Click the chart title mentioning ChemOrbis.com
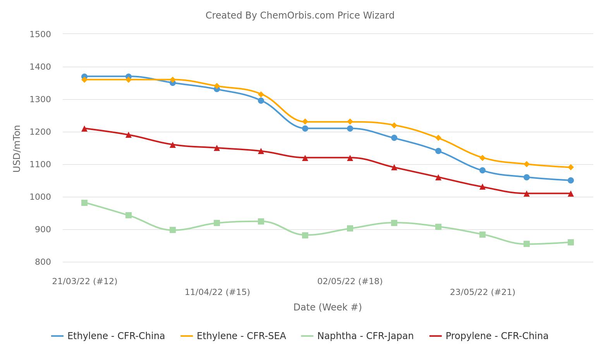point(300,15)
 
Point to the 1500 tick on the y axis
point(40,34)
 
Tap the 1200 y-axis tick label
point(40,132)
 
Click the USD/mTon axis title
point(17,149)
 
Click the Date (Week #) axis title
point(327,307)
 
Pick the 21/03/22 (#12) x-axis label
point(84,281)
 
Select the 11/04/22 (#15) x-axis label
point(217,292)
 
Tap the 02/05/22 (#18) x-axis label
point(350,281)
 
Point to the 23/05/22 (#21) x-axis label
point(482,292)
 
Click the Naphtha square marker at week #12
point(84,203)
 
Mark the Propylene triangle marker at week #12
point(84,129)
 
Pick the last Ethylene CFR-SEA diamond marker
point(570,167)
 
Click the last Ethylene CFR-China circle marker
point(570,180)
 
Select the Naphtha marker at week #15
point(217,223)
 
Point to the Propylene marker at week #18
point(350,158)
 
